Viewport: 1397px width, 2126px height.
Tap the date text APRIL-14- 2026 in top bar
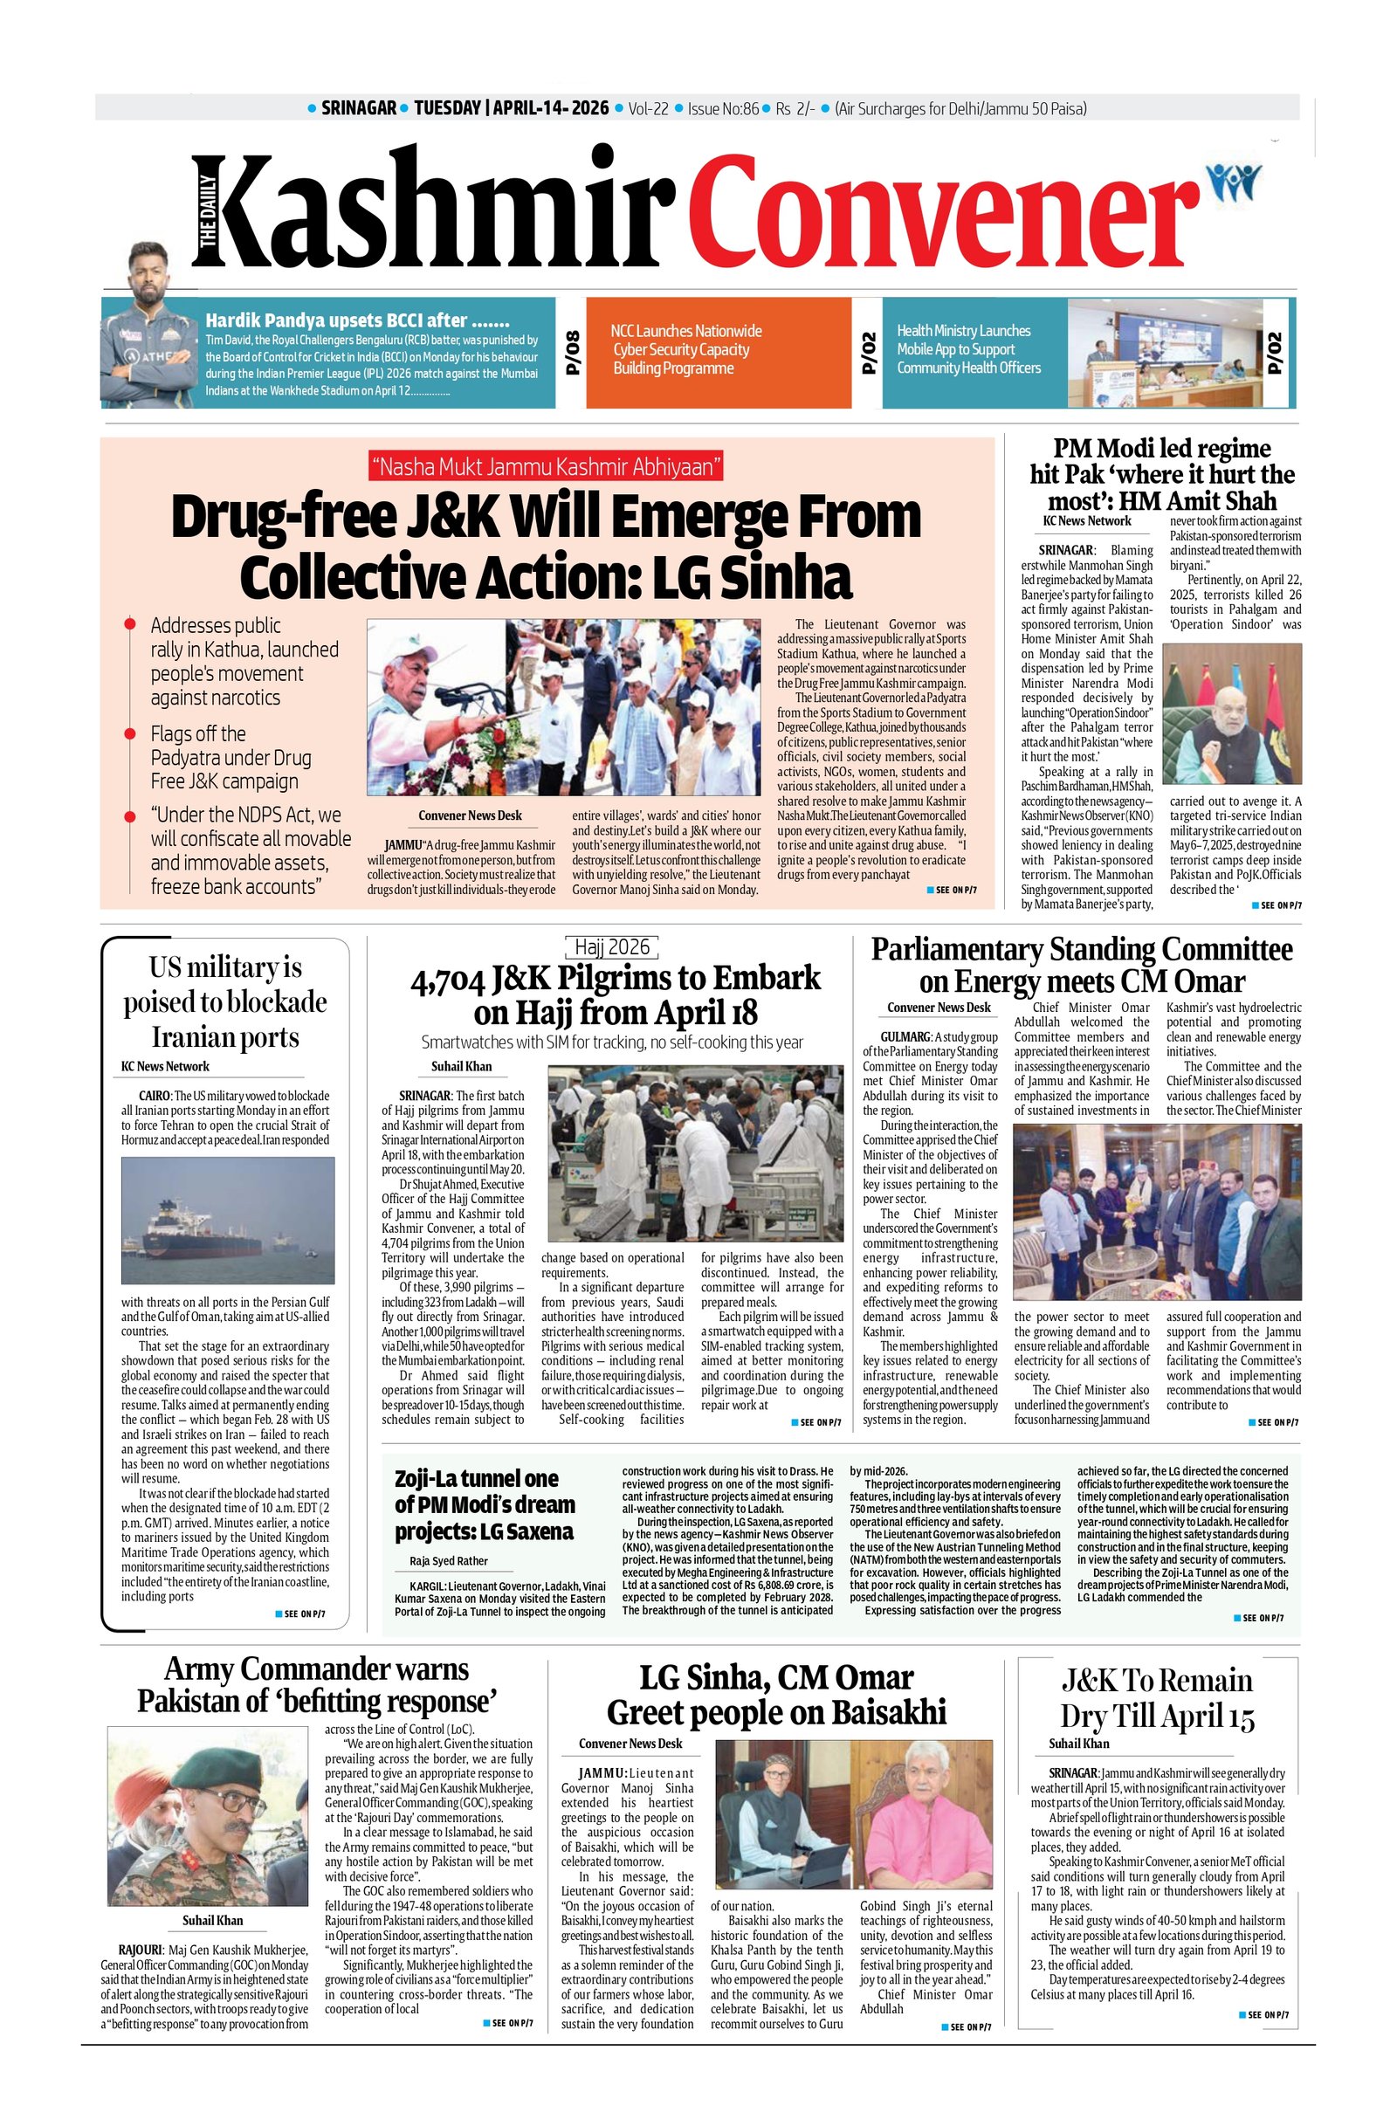[550, 109]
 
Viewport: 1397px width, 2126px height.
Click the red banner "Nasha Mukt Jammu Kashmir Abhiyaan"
[545, 466]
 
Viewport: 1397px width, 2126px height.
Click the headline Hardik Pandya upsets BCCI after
[357, 320]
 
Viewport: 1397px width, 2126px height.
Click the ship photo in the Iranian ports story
[228, 1221]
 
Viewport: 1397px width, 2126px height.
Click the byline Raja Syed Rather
[443, 1561]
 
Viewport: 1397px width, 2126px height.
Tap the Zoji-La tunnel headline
[485, 1505]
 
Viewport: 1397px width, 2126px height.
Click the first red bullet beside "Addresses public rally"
[130, 623]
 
